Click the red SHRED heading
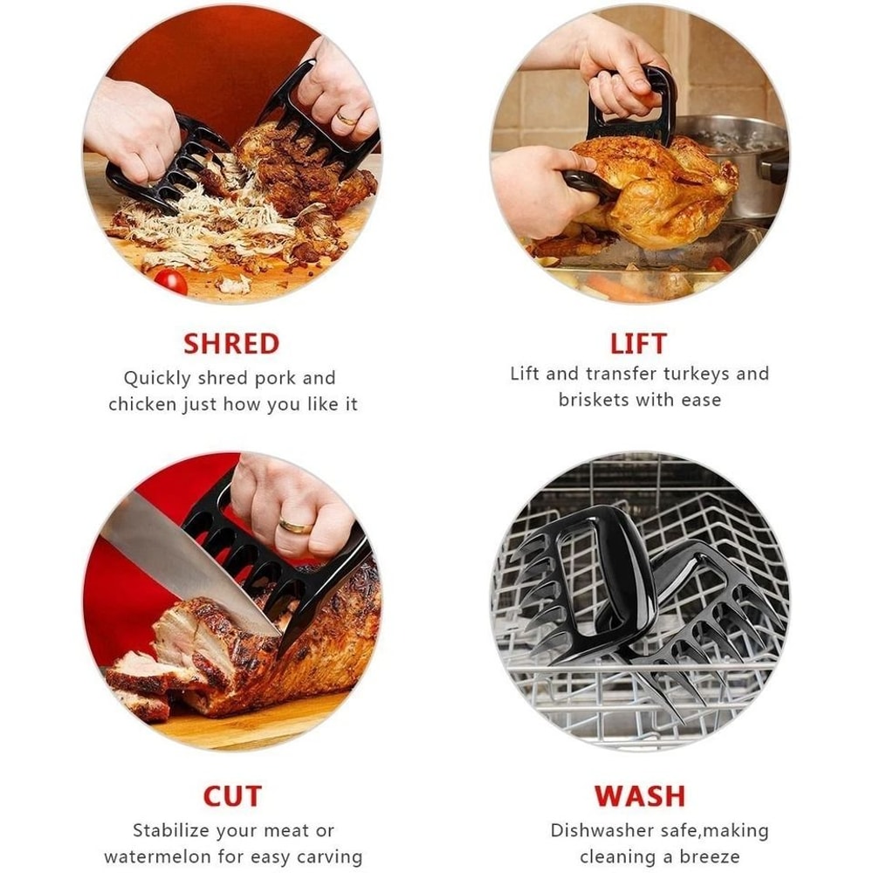click(x=231, y=343)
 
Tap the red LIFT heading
click(x=638, y=342)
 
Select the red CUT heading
click(x=231, y=796)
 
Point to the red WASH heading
click(x=640, y=796)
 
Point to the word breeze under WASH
click(x=707, y=856)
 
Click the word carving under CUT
click(x=327, y=856)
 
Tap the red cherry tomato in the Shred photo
click(x=170, y=280)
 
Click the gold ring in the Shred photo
click(x=347, y=118)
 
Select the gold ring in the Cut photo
click(x=295, y=526)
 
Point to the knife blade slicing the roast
click(x=183, y=559)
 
